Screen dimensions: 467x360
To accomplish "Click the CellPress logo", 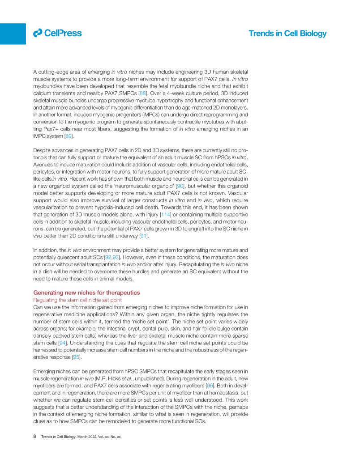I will click(57, 33).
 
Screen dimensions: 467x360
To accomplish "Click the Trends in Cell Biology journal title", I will click(287, 34).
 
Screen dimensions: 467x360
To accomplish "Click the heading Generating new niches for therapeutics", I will click(86, 293).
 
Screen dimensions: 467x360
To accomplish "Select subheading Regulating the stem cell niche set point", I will click(77, 300).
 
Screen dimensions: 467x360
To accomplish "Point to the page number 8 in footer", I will click(35, 437).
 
